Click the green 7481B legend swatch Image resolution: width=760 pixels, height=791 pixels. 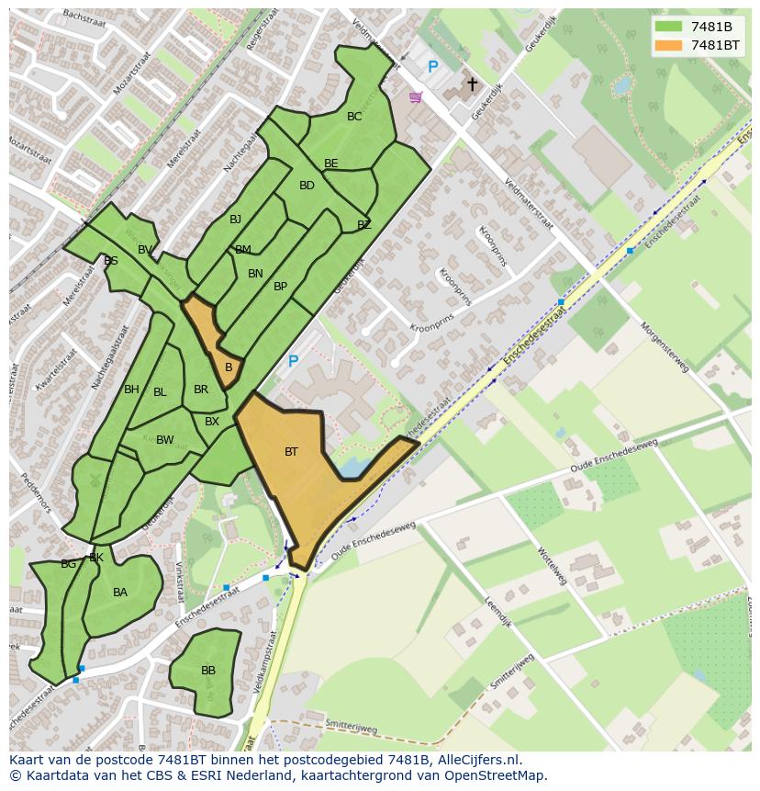pos(669,27)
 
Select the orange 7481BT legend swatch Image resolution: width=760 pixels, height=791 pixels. pos(669,45)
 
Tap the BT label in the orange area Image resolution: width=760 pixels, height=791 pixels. pos(291,452)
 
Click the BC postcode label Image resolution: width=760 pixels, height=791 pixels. pos(354,117)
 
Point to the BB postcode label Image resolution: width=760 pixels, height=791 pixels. pos(208,671)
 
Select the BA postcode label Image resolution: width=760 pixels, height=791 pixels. pos(120,593)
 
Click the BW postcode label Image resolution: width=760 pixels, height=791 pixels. pos(164,440)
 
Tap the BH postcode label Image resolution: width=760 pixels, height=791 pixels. pos(131,390)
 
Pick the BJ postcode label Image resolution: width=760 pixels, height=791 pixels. pos(235,219)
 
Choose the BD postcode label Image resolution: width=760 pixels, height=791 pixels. pos(307,186)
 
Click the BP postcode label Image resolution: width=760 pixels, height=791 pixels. pos(280,287)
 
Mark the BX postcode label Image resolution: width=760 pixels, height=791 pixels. pos(212,422)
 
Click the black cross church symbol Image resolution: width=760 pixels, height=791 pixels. pos(472,85)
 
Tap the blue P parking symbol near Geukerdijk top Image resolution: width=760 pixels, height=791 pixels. pos(432,67)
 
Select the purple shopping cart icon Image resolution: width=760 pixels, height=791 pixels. pos(416,96)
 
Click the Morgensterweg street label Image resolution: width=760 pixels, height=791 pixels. pos(664,346)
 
